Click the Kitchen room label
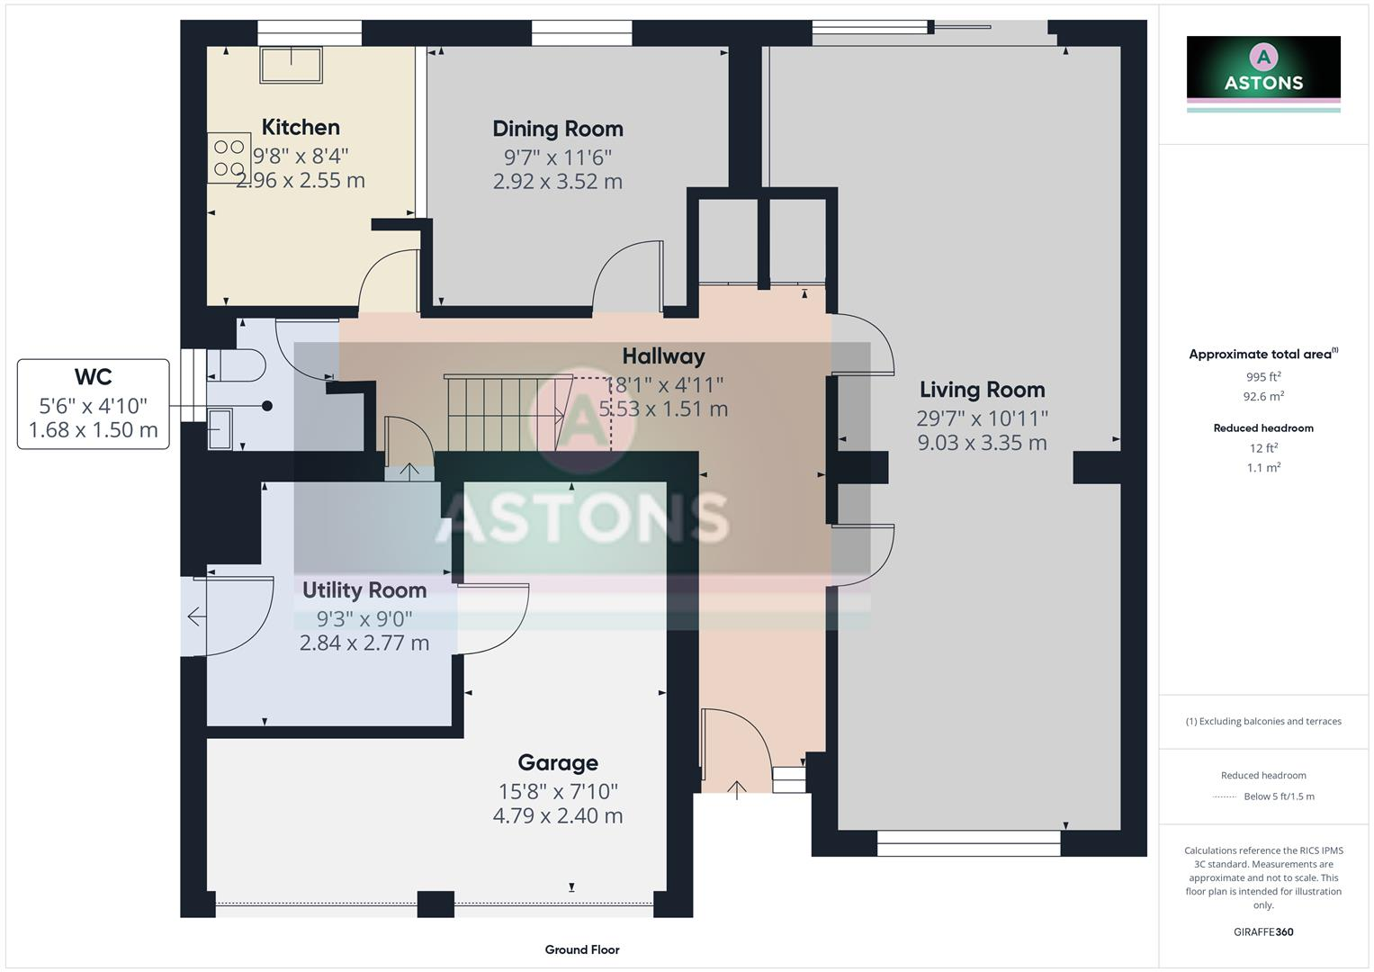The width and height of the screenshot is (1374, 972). (x=301, y=127)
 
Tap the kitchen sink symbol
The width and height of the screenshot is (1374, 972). (x=291, y=65)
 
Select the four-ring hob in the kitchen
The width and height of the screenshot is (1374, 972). (x=229, y=157)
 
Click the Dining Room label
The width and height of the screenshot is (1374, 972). (x=557, y=129)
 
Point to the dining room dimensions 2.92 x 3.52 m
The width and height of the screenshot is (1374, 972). (x=557, y=181)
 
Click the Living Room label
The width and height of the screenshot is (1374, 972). (x=982, y=390)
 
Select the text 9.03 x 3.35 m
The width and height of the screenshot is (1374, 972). (x=982, y=443)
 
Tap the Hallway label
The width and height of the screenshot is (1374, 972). (x=663, y=356)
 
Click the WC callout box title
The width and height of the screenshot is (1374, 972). (x=93, y=376)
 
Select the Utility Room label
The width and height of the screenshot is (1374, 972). (x=364, y=590)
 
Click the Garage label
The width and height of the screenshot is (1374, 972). (x=557, y=762)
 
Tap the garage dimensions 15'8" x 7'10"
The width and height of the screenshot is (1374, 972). (x=557, y=791)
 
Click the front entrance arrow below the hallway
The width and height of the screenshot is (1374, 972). (x=736, y=790)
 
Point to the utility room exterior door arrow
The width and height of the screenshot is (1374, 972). (x=194, y=616)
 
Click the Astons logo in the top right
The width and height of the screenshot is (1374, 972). (x=1262, y=68)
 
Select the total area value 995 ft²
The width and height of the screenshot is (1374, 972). (x=1262, y=377)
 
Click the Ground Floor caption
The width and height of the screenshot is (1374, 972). (x=581, y=949)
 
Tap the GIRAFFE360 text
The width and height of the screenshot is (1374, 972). (x=1262, y=931)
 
